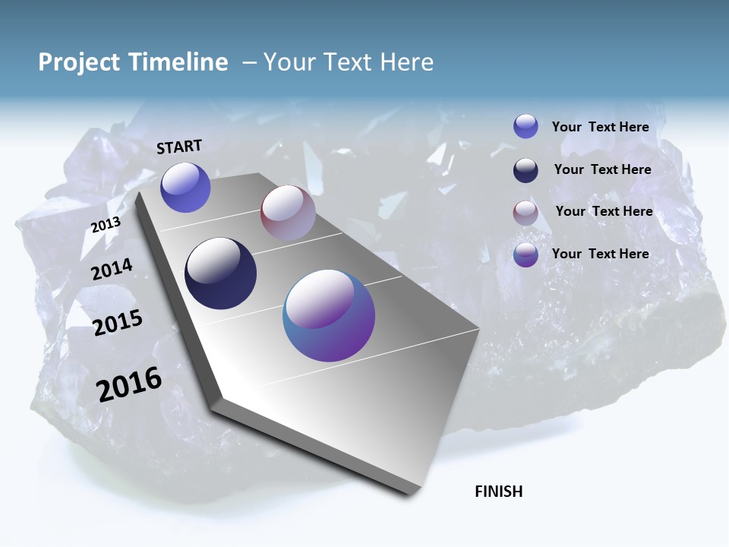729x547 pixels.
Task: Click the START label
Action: (x=179, y=147)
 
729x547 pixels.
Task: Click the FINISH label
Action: (x=498, y=492)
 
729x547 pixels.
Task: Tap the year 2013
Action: (x=106, y=225)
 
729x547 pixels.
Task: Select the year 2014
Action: (x=112, y=270)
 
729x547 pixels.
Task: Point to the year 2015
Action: (x=118, y=323)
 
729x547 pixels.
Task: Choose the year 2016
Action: (x=129, y=384)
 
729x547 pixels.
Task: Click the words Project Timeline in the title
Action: (x=133, y=62)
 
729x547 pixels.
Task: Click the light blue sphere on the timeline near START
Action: (x=185, y=187)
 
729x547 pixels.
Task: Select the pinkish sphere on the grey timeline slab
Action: (x=288, y=212)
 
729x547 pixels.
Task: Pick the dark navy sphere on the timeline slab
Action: (x=220, y=273)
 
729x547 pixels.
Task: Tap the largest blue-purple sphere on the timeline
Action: (x=329, y=315)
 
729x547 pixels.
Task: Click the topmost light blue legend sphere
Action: (x=525, y=126)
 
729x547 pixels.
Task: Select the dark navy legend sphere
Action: (x=525, y=170)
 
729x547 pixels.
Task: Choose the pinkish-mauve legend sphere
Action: (x=525, y=213)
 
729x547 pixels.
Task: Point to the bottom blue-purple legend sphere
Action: (x=525, y=255)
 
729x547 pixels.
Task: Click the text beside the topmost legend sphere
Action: (x=600, y=127)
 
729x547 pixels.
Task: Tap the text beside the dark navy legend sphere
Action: (x=602, y=169)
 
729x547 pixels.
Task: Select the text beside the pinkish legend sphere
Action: (x=604, y=211)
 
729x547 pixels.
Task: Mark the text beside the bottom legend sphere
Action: (x=600, y=254)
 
